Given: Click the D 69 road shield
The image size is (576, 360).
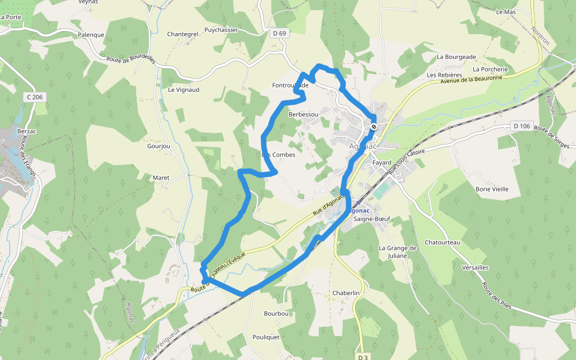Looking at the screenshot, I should click(x=279, y=33).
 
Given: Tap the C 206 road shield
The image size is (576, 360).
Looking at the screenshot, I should click(x=35, y=97).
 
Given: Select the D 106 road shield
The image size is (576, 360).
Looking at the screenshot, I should click(x=522, y=126).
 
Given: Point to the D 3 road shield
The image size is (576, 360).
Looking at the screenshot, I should click(x=362, y=357).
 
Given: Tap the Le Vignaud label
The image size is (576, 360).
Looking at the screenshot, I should click(x=184, y=90).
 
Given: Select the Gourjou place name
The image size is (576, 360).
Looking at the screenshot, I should click(x=159, y=146).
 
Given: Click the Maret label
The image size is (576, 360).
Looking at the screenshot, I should click(x=161, y=178).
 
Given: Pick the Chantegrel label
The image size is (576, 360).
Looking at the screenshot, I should click(x=182, y=34).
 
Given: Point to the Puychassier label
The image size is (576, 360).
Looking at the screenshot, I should click(x=221, y=29).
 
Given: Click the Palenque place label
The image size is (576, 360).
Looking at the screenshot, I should click(x=91, y=35).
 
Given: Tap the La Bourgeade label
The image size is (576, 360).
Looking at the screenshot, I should click(x=456, y=57).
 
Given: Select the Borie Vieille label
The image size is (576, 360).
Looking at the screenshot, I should click(x=491, y=189).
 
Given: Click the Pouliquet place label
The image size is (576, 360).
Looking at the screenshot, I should click(x=266, y=337).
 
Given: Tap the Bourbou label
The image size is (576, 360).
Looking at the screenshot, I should click(x=277, y=313).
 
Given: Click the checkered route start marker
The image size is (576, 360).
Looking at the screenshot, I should click(x=373, y=127).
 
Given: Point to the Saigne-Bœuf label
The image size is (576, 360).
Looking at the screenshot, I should click(x=372, y=219).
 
